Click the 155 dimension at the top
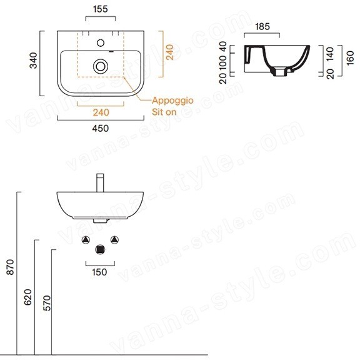tap(101, 9)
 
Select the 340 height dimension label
tap(34, 61)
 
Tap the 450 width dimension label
tap(101, 128)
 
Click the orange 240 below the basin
tap(101, 112)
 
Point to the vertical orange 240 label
tap(170, 52)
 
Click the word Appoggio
tap(172, 101)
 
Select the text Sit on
tap(164, 112)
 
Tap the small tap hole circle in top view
tap(101, 43)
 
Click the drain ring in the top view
tap(101, 66)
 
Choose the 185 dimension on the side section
tap(262, 26)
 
